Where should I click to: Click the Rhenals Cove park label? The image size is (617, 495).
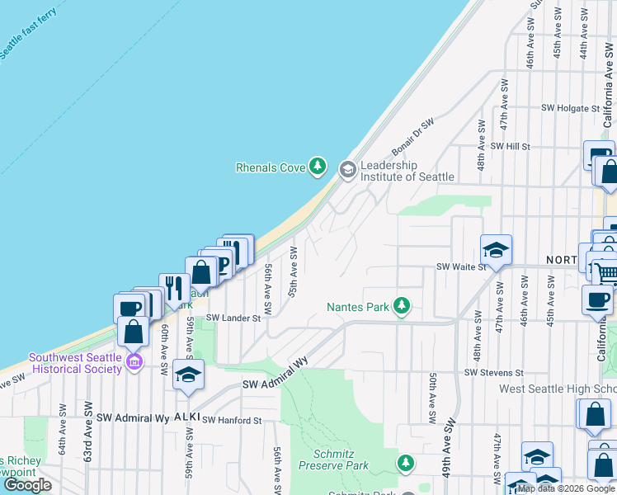pyautogui.click(x=271, y=167)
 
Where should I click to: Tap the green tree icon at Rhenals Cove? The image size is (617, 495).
pyautogui.click(x=317, y=167)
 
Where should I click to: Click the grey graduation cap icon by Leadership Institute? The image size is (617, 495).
pyautogui.click(x=347, y=170)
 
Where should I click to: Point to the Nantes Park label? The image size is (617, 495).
pyautogui.click(x=357, y=307)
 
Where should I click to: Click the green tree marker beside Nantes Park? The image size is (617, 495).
pyautogui.click(x=402, y=306)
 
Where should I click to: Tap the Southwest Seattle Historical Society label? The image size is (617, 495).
pyautogui.click(x=75, y=363)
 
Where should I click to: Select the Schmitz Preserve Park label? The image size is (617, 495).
pyautogui.click(x=341, y=460)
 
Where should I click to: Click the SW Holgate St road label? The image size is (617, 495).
pyautogui.click(x=570, y=108)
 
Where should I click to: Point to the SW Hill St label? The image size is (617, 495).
pyautogui.click(x=509, y=146)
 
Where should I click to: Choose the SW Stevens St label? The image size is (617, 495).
pyautogui.click(x=493, y=373)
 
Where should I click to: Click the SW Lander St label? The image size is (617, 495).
pyautogui.click(x=233, y=318)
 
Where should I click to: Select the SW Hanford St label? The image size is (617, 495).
pyautogui.click(x=232, y=420)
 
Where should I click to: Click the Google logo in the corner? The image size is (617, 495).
pyautogui.click(x=27, y=484)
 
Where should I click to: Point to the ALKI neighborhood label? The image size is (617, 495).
pyautogui.click(x=183, y=418)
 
